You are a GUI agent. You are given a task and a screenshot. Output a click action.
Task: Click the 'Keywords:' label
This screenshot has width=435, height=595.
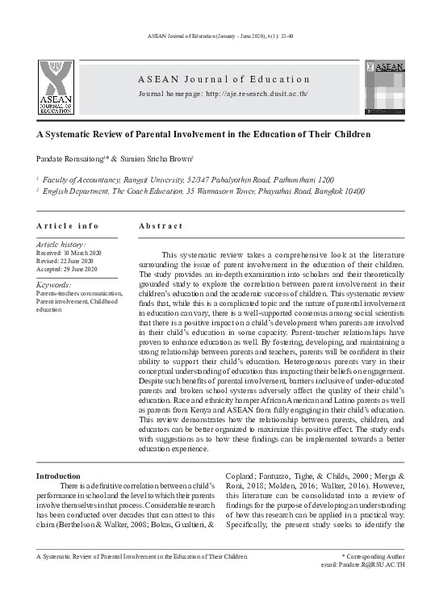click(54, 285)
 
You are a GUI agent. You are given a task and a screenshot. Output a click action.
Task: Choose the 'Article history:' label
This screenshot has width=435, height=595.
click(61, 244)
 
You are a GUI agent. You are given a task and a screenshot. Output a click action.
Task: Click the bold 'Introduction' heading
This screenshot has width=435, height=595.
click(59, 476)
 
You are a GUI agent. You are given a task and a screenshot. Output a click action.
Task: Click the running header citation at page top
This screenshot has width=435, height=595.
click(217, 38)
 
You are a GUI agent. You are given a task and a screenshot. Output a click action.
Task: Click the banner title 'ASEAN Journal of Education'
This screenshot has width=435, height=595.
click(224, 79)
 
